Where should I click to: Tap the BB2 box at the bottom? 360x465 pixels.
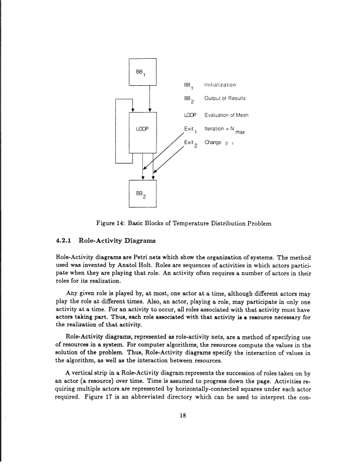pyautogui.click(x=142, y=193)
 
